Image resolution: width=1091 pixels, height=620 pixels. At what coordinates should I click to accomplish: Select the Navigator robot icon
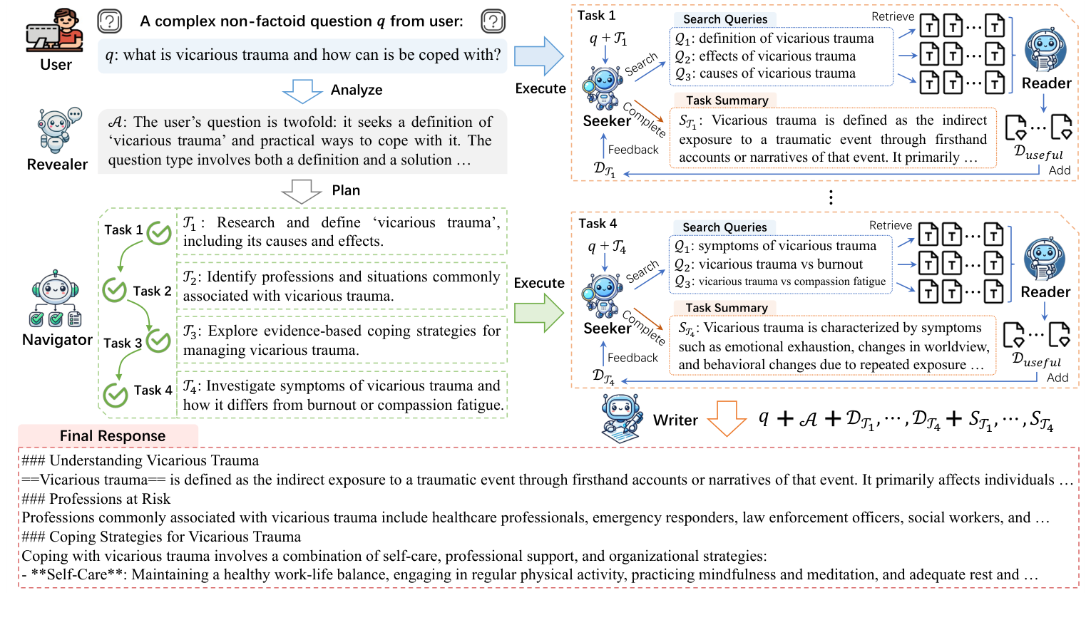[56, 299]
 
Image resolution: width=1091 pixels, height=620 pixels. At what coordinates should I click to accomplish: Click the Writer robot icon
[622, 419]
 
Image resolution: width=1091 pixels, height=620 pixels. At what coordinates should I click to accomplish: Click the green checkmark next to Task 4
[116, 394]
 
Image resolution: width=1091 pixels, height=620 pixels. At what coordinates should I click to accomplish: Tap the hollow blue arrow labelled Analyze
[302, 91]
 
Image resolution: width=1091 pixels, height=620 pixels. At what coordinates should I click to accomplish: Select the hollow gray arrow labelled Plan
[302, 191]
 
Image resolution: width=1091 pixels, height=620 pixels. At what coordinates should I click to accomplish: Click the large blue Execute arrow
[539, 56]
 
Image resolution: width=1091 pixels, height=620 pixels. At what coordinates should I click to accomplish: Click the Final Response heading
[113, 435]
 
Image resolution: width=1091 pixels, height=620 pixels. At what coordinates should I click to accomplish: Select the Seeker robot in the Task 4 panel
[603, 294]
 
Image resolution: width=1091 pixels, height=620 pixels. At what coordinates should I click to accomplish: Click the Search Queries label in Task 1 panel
[725, 19]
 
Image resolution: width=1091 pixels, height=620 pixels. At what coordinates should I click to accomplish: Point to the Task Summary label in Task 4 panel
[726, 308]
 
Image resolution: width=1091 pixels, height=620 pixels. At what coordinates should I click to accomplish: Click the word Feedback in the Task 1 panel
[633, 150]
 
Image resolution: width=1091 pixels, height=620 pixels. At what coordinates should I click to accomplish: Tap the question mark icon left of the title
[109, 21]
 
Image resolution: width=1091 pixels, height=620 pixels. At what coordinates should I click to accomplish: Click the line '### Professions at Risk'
[96, 499]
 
